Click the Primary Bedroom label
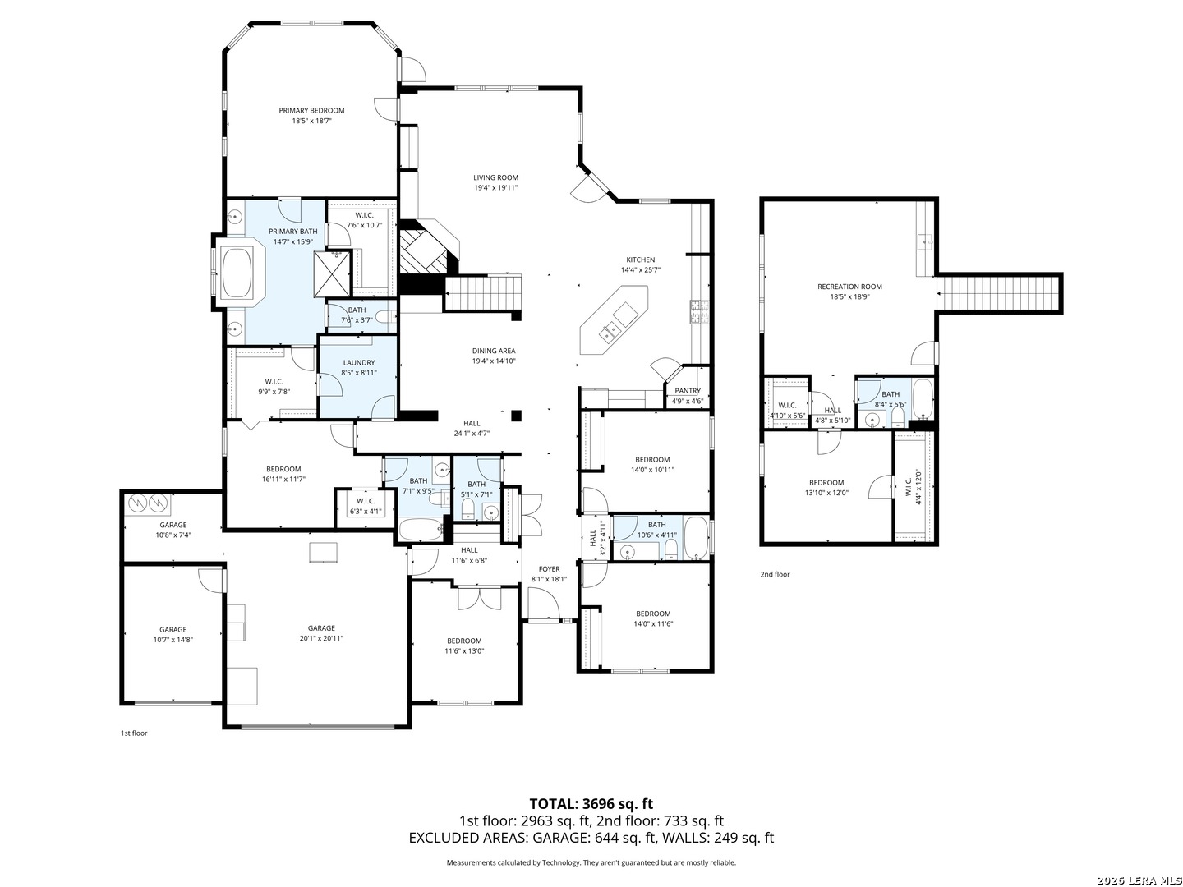tap(311, 110)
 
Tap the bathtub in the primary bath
tap(237, 273)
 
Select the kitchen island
tap(614, 320)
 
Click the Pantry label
tap(687, 390)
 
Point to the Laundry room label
tap(358, 362)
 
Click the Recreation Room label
tap(849, 287)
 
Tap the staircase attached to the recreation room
tap(999, 293)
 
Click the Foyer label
tap(550, 568)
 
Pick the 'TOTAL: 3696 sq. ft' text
tap(591, 804)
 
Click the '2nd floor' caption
tap(775, 574)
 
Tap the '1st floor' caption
tap(134, 733)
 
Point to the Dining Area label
tap(494, 351)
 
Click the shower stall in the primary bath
tap(332, 274)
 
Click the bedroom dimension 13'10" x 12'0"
tap(826, 493)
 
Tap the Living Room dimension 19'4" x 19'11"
tap(495, 188)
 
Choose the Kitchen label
tap(640, 260)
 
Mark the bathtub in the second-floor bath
tap(923, 399)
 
